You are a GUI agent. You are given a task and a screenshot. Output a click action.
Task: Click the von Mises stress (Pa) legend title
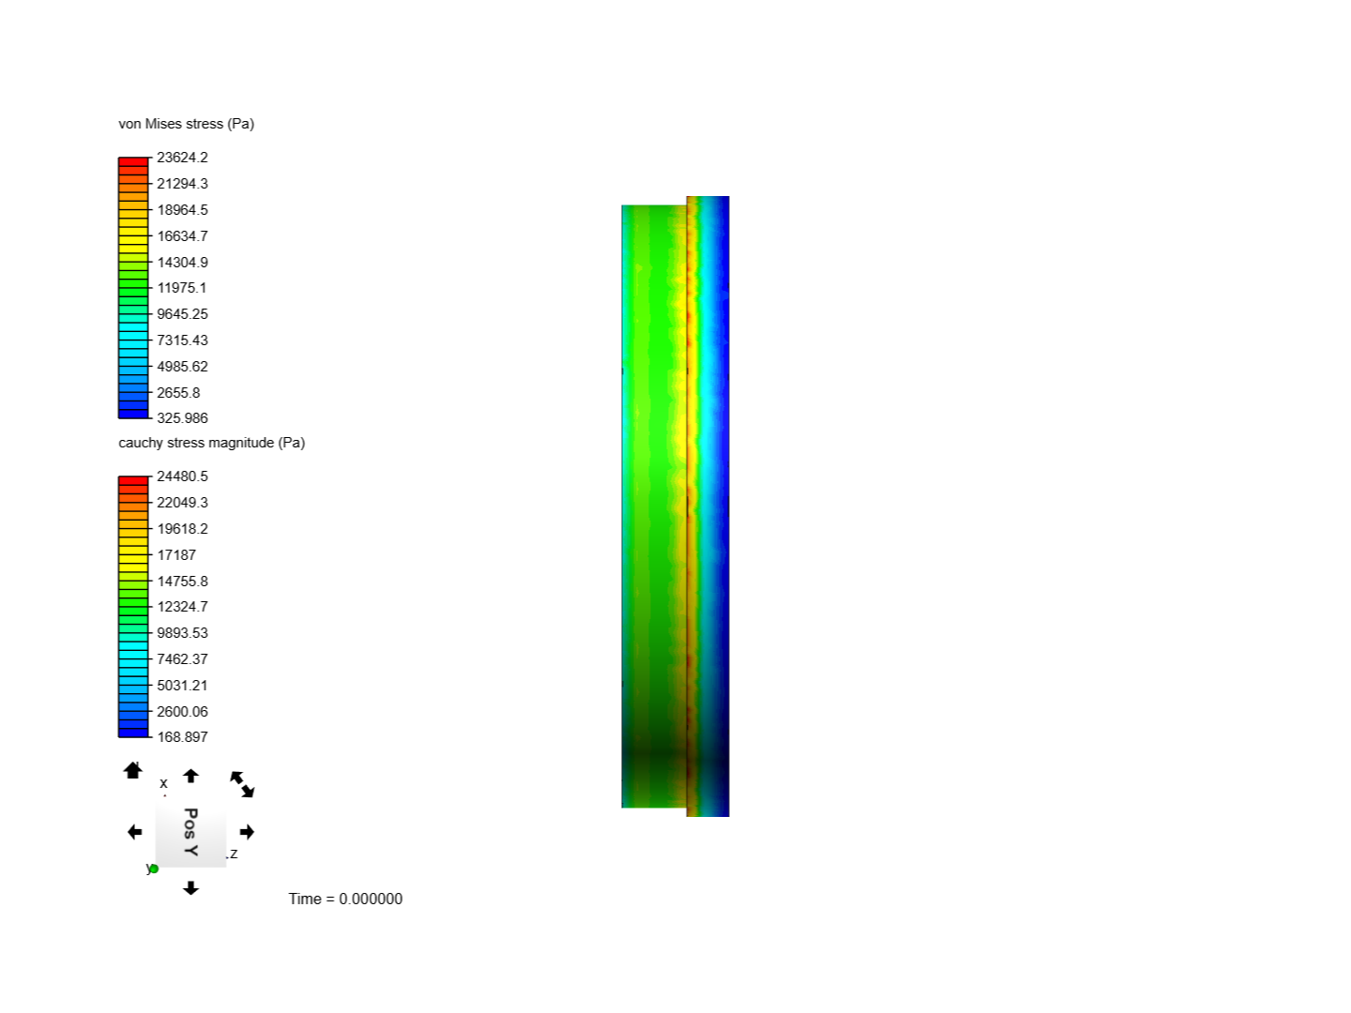coord(186,124)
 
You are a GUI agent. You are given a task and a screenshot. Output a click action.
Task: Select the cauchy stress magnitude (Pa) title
coord(212,443)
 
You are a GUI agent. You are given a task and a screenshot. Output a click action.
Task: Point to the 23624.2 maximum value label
coord(182,158)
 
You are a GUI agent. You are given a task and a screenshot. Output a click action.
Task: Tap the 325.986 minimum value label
coord(182,418)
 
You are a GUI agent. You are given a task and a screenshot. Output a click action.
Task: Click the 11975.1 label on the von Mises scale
coord(182,288)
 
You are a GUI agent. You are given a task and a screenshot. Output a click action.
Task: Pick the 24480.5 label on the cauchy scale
coord(182,476)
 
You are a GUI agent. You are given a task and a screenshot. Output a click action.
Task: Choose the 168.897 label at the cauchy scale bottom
coord(182,737)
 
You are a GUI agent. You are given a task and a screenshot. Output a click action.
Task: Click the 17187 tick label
coord(176,554)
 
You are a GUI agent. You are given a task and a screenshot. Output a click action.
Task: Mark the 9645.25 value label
coord(182,313)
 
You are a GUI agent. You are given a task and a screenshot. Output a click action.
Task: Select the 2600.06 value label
coord(182,712)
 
